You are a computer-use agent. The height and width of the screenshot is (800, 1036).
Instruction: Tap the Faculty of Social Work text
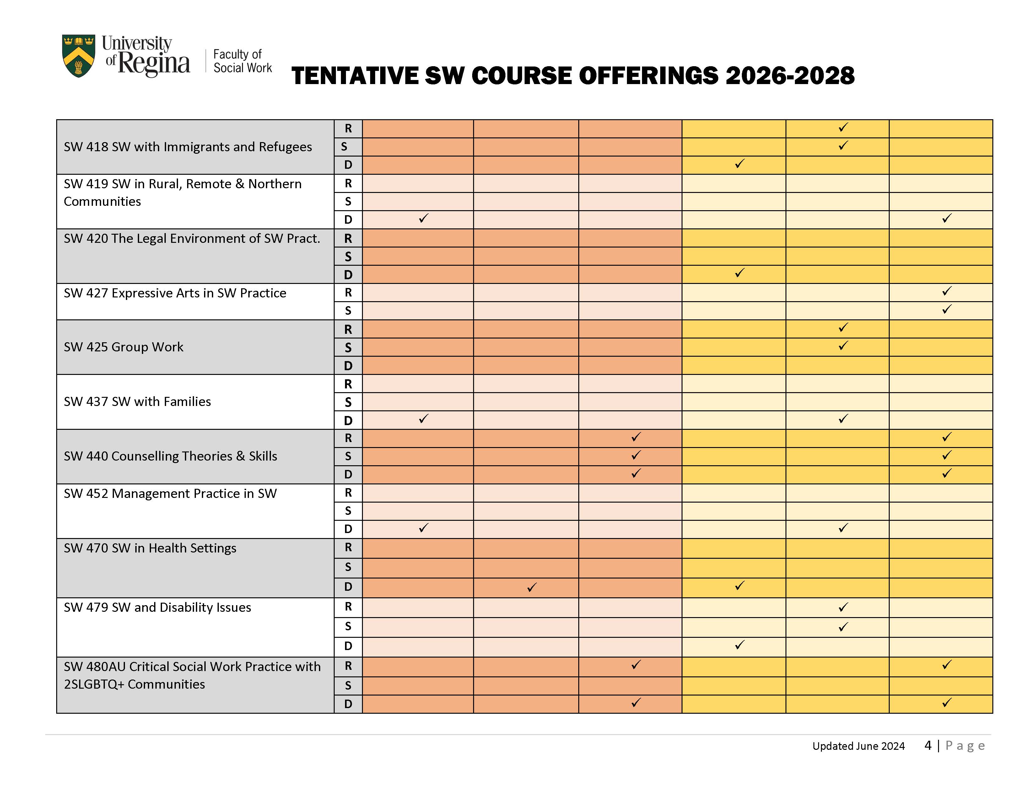[x=242, y=61]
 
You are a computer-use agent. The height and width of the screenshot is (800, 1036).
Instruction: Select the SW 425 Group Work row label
[x=123, y=347]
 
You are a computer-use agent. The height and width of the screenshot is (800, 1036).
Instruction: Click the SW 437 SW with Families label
[x=137, y=402]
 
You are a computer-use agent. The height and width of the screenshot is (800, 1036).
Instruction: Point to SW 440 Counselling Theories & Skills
[x=170, y=456]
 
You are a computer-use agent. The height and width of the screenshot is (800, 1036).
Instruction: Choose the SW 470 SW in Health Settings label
[x=150, y=548]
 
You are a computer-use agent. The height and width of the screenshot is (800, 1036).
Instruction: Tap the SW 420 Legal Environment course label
[x=192, y=238]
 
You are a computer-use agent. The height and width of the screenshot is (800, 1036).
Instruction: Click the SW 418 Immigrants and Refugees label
[x=187, y=147]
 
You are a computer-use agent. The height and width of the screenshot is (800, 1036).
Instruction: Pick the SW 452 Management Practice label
[x=170, y=493]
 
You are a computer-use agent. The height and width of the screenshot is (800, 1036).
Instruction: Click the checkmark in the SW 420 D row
[x=739, y=273]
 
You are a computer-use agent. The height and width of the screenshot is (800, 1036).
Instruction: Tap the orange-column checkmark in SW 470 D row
[x=532, y=587]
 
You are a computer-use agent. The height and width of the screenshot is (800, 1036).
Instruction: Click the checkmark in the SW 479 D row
[x=739, y=645]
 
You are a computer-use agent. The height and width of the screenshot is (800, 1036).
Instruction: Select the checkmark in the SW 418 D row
[x=739, y=164]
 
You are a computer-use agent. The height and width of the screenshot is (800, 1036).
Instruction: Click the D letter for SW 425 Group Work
[x=348, y=366]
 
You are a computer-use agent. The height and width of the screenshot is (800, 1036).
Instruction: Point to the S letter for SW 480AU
[x=348, y=685]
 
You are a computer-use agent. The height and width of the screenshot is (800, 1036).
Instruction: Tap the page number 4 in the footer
[x=928, y=745]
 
